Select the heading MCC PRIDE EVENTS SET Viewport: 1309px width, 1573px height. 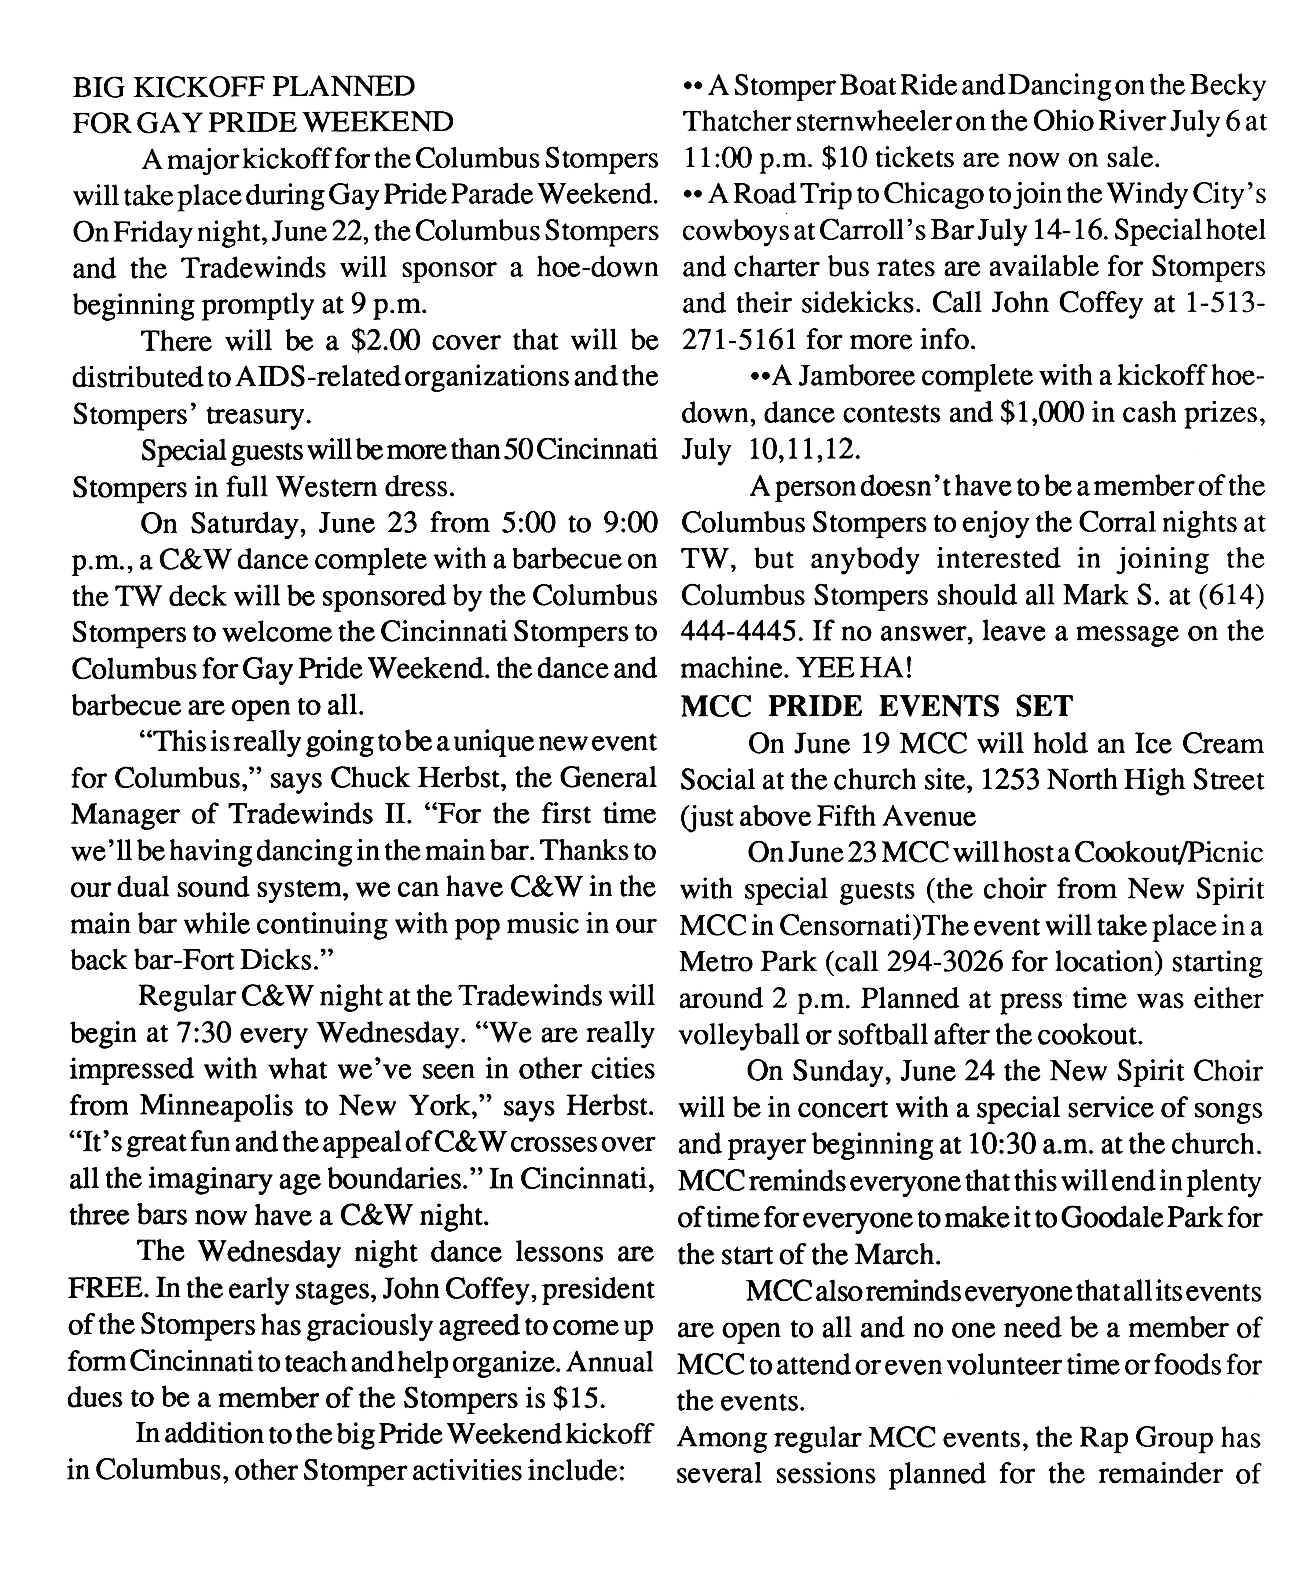tap(877, 706)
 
